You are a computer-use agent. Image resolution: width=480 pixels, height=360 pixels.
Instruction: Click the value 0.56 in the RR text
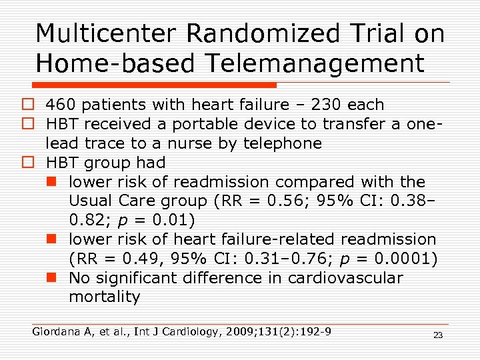(x=303, y=201)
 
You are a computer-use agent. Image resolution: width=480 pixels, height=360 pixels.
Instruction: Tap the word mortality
(x=104, y=297)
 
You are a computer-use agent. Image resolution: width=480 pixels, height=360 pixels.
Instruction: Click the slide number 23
(x=438, y=335)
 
